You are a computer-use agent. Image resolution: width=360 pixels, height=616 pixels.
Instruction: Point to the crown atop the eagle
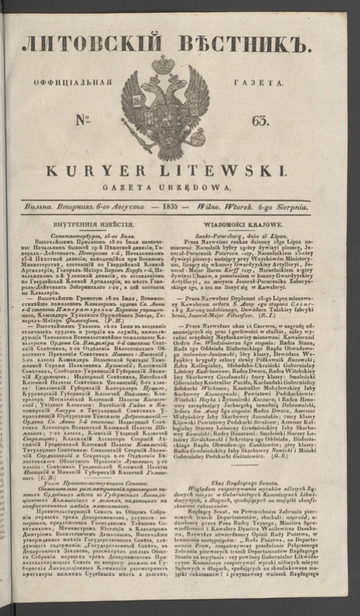pyautogui.click(x=165, y=65)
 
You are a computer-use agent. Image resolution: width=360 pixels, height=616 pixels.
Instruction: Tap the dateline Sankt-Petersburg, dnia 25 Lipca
pyautogui.click(x=257, y=235)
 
